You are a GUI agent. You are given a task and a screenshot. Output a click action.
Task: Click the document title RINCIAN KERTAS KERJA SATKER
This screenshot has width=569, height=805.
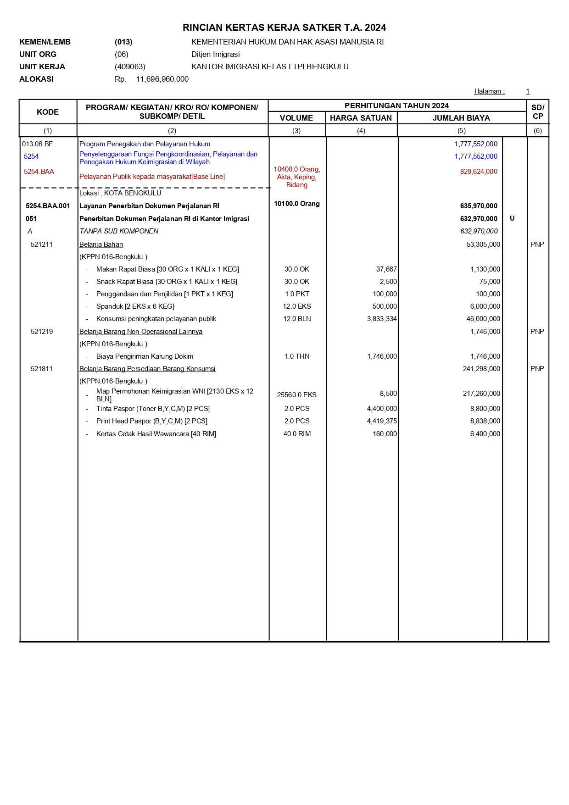pos(284,28)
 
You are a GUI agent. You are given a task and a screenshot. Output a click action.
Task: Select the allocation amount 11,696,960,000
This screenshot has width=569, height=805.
pos(162,79)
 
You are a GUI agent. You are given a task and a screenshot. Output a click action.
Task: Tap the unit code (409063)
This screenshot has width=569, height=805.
pos(130,67)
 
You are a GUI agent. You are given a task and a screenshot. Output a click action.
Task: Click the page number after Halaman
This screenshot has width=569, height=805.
pos(527,91)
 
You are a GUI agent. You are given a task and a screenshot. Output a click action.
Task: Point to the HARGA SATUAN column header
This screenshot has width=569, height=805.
pos(361,118)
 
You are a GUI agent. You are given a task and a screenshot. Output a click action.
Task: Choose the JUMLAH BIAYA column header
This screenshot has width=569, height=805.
pos(461,118)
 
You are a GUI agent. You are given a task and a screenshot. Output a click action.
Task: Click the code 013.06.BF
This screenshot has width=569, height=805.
pos(37,144)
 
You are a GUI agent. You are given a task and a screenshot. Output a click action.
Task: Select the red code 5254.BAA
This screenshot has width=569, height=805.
pos(39,172)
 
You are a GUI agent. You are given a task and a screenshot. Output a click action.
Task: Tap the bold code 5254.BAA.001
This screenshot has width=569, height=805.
pos(48,206)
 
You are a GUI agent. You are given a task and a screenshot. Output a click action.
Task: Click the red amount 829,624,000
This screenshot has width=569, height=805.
pos(479,172)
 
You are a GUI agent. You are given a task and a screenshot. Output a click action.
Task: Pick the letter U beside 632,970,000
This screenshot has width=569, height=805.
pos(512,218)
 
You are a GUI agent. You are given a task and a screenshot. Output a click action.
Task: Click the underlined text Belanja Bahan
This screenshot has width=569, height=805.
pos(101,244)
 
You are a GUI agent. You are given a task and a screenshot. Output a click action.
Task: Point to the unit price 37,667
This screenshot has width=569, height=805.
pos(386,269)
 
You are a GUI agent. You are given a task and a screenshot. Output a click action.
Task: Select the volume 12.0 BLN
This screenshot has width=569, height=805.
pos(297,319)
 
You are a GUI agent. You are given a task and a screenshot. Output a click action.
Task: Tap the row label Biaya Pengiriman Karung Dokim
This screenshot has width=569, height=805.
pos(145,356)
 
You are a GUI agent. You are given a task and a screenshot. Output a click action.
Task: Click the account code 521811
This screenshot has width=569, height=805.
pos(42,369)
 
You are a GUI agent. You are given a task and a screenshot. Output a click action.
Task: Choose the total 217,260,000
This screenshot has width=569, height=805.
pos(481,394)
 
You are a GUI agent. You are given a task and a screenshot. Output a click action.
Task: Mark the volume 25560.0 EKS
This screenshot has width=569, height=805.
pos(297,395)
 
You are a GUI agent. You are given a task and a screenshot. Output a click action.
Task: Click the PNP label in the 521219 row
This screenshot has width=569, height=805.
pos(537,332)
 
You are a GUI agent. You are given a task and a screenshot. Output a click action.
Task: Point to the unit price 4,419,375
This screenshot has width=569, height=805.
pos(382,421)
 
